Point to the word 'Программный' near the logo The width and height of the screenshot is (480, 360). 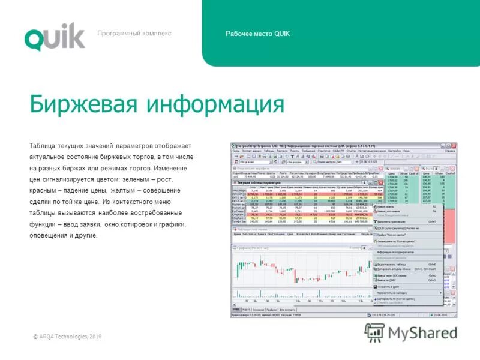point(116,34)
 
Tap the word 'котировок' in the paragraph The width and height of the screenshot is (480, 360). point(143,224)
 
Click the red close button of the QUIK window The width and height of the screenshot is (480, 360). point(454,145)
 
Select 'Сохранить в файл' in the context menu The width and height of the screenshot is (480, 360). point(391,287)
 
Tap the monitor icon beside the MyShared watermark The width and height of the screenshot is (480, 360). point(375,332)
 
